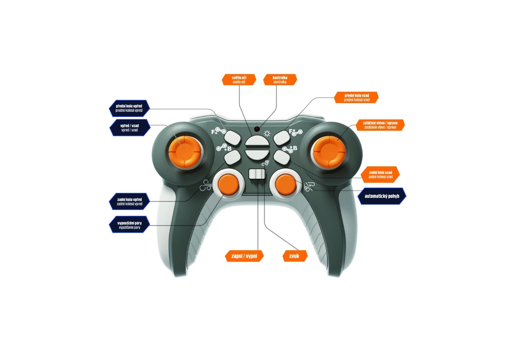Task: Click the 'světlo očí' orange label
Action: pyautogui.click(x=239, y=80)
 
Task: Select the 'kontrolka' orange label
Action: pyautogui.click(x=280, y=80)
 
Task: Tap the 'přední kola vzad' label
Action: pyautogui.click(x=356, y=98)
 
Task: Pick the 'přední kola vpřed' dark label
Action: pyautogui.click(x=129, y=108)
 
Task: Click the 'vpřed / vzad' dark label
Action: pyautogui.click(x=130, y=128)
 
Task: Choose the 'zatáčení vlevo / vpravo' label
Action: pyautogui.click(x=380, y=125)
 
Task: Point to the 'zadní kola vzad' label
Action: pyautogui.click(x=380, y=174)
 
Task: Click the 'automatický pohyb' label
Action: pyautogui.click(x=382, y=196)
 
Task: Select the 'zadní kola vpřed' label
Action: pyautogui.click(x=129, y=202)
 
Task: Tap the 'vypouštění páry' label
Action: pyautogui.click(x=129, y=225)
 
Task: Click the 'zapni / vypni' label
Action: pyautogui.click(x=244, y=256)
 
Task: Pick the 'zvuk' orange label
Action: pyautogui.click(x=295, y=256)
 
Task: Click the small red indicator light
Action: pyautogui.click(x=257, y=129)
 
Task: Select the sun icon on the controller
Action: pyautogui.click(x=267, y=134)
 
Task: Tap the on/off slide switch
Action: pyautogui.click(x=257, y=174)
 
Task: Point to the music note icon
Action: pyautogui.click(x=265, y=163)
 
